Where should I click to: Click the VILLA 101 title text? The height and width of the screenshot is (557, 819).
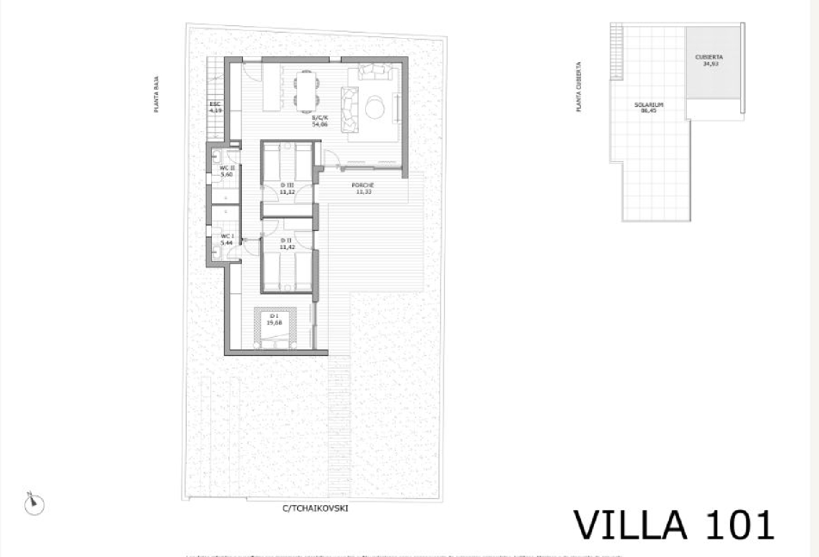pos(674,525)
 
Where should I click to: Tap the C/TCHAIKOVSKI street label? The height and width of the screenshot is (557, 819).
pos(315,508)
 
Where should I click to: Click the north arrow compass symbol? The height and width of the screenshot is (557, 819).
pos(34,503)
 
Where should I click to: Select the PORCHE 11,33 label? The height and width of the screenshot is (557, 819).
pos(363,188)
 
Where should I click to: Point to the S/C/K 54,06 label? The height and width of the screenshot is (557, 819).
pos(320,121)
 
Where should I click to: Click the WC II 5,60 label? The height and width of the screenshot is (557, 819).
pos(227,171)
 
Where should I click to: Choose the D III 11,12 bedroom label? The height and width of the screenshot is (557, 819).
pos(287,188)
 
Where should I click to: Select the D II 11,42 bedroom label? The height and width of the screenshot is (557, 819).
pos(288,244)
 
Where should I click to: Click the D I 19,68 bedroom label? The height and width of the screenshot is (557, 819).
pos(274,319)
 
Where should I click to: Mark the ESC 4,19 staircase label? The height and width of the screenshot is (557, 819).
pos(216,107)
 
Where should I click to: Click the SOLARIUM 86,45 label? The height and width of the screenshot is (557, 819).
pos(649,107)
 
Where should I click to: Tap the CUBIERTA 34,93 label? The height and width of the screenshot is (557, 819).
pos(710,60)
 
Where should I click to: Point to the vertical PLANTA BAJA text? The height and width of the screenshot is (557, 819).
pos(157,94)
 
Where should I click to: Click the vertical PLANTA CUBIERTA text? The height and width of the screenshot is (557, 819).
pos(579,86)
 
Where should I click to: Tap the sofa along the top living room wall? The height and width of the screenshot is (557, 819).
pos(375,72)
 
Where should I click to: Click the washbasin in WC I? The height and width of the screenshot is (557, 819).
pos(217,252)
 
